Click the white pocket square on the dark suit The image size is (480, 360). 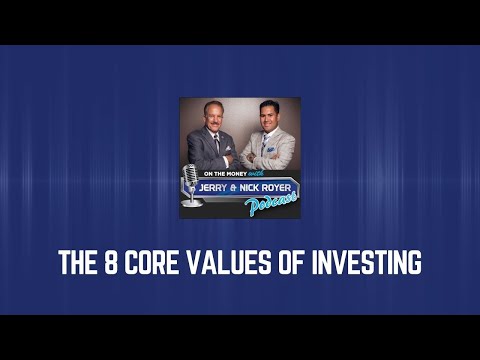point(230,149)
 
